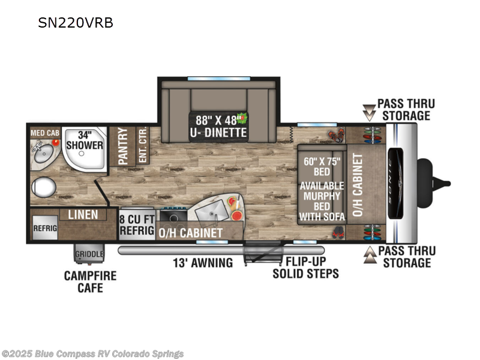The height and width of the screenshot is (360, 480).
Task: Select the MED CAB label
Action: tap(44, 131)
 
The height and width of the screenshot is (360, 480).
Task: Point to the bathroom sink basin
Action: tap(44, 155)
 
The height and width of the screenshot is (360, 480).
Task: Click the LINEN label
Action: tap(83, 214)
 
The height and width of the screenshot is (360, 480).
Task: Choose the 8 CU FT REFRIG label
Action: tap(137, 223)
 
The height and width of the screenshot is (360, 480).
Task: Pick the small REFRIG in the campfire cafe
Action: tap(44, 228)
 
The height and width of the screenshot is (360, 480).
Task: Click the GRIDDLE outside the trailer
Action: tap(89, 254)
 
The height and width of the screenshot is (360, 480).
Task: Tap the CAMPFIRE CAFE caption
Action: tap(90, 282)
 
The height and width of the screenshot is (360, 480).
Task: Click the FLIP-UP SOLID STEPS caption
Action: tap(305, 268)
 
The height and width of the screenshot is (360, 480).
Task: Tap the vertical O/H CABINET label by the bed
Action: tap(358, 185)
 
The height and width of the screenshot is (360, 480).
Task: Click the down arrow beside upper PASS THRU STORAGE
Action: tap(368, 110)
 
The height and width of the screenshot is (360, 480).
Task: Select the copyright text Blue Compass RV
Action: tap(93, 354)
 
